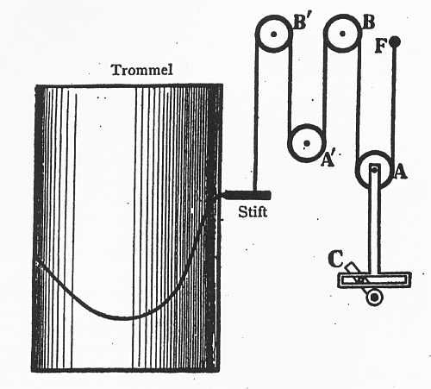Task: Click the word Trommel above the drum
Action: point(142,70)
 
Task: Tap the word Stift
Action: point(253,212)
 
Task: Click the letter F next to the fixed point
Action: point(380,46)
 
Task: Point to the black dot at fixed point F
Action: point(396,41)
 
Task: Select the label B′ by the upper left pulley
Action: point(301,22)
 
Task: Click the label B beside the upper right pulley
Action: point(368,22)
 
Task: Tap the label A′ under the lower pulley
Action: point(328,160)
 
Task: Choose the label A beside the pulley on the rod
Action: point(400,173)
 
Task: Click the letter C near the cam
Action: point(335,259)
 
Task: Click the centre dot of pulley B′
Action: point(274,34)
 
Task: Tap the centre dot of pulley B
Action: point(342,34)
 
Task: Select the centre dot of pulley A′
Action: point(307,143)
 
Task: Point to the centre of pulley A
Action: point(374,170)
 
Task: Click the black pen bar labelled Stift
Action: point(247,195)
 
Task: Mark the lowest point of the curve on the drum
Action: point(123,318)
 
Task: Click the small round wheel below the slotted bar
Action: point(375,298)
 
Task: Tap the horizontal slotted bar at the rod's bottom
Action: point(374,279)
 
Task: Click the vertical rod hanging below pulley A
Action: point(374,218)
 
